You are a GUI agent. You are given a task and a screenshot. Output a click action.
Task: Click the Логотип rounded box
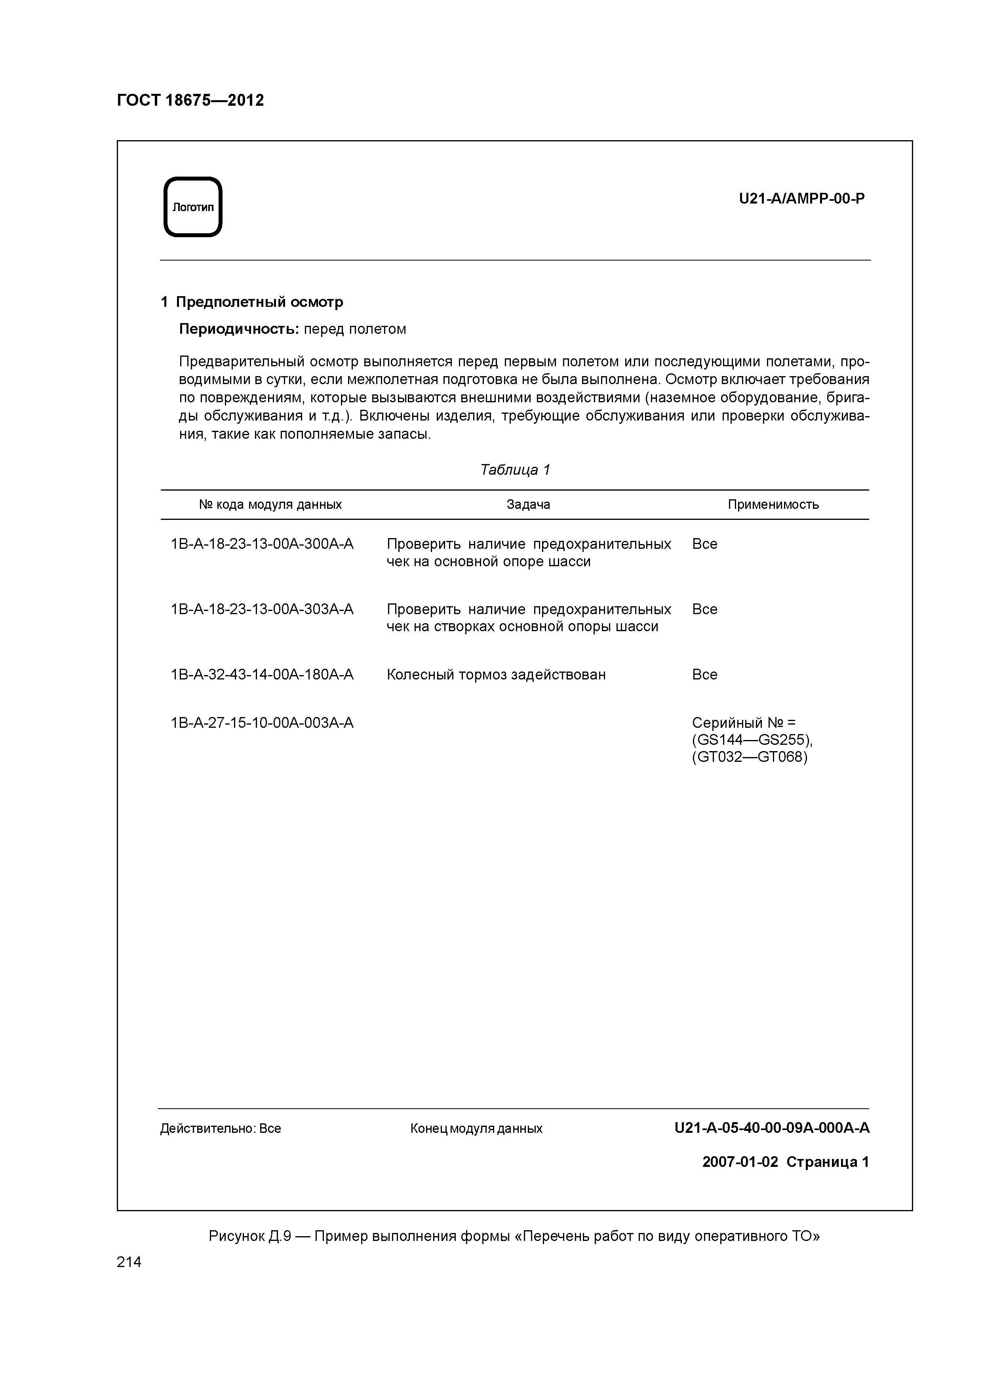[193, 207]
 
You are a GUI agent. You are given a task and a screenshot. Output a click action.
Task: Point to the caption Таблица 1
[515, 470]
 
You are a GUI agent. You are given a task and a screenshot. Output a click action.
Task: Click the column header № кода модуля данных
[270, 504]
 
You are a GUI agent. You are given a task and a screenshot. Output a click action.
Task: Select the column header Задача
[528, 504]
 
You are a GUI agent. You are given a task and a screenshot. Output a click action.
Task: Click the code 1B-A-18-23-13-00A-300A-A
[262, 544]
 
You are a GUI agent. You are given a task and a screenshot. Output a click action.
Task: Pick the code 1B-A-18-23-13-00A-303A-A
[262, 609]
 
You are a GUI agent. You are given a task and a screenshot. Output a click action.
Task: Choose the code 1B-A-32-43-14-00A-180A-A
[262, 675]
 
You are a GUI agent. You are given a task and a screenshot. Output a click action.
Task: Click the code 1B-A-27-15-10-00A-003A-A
[262, 723]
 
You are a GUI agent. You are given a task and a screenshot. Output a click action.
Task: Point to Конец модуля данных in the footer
[476, 1129]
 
